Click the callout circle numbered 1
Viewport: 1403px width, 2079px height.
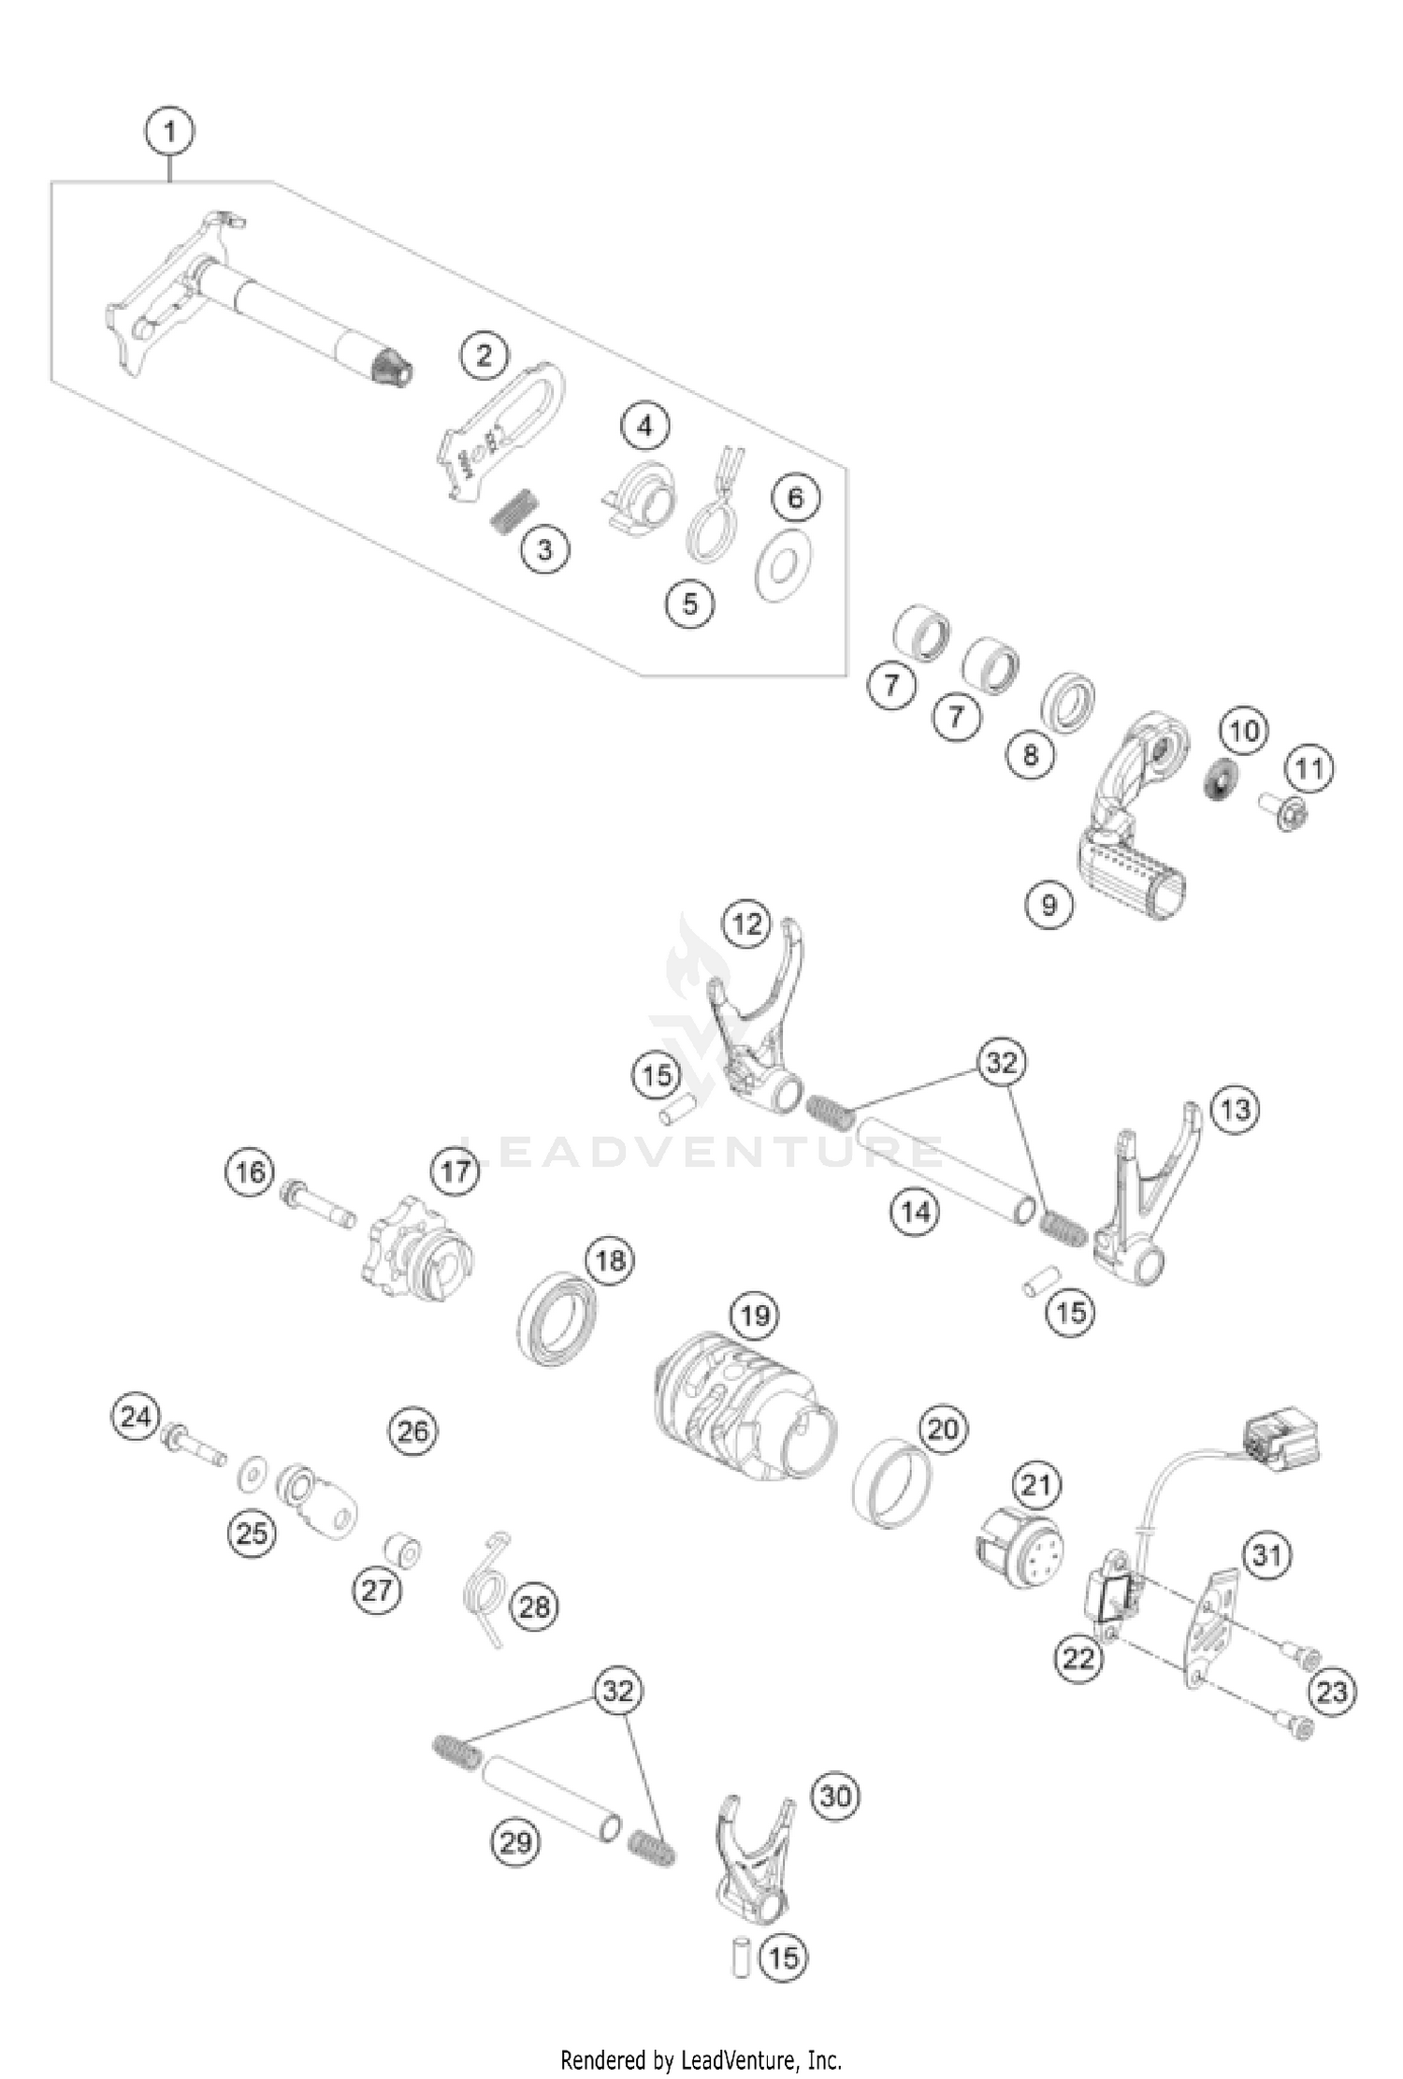coord(169,131)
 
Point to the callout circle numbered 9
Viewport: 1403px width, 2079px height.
coord(1049,904)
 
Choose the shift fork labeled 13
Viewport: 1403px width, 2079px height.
coord(1147,1207)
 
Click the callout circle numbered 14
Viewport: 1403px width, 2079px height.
coord(915,1212)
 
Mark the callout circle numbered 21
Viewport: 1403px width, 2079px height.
coord(1035,1484)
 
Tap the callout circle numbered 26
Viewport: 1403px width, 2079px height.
coord(412,1431)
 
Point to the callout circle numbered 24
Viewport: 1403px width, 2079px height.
coord(137,1417)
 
